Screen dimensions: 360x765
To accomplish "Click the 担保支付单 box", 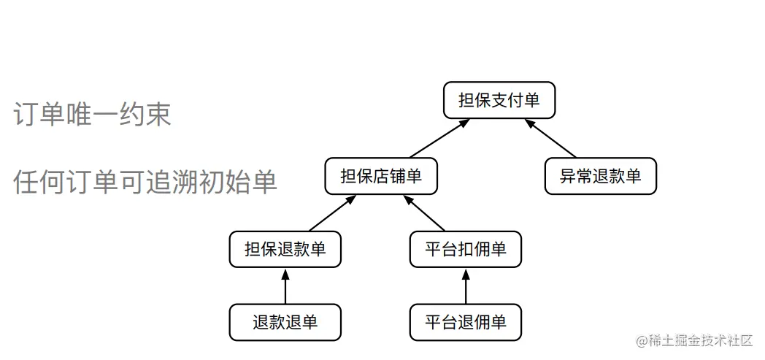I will click(499, 100).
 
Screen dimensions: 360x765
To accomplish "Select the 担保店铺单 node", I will click(381, 176).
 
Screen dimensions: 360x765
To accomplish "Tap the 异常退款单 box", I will click(600, 176).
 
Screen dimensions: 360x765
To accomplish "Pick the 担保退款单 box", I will click(285, 249).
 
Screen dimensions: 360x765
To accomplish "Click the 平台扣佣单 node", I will click(466, 249).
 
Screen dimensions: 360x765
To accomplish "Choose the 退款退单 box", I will click(285, 322).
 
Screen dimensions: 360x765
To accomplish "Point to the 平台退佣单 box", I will click(466, 322).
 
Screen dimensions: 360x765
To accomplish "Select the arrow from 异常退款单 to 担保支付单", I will click(551, 139).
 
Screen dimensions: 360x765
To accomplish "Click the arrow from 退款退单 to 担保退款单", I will click(285, 286).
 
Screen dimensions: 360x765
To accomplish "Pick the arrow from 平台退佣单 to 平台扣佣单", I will click(466, 286).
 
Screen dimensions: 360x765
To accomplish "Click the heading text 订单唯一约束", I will click(92, 114).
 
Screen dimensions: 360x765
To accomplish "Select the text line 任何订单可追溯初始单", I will click(145, 182).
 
